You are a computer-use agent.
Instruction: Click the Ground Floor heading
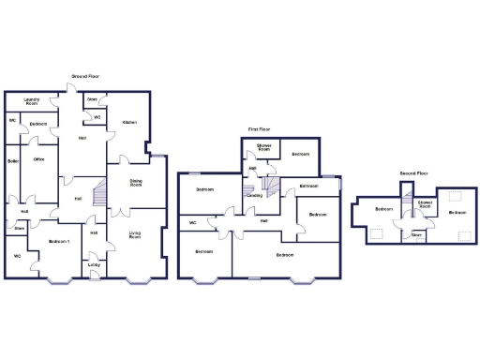click(x=85, y=76)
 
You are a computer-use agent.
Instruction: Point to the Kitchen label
click(x=129, y=122)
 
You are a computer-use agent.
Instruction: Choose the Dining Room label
click(x=136, y=184)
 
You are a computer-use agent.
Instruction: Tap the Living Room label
click(x=136, y=235)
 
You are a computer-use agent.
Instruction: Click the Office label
click(x=39, y=159)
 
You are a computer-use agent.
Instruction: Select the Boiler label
click(x=12, y=160)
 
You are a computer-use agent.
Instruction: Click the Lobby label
click(x=94, y=264)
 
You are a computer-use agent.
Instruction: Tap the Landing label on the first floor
click(x=254, y=196)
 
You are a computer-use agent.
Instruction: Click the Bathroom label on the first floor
click(x=308, y=186)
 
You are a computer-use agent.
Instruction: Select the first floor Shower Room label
click(x=264, y=148)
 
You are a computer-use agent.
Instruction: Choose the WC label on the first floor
click(x=192, y=222)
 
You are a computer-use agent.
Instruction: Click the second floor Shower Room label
click(x=425, y=203)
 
